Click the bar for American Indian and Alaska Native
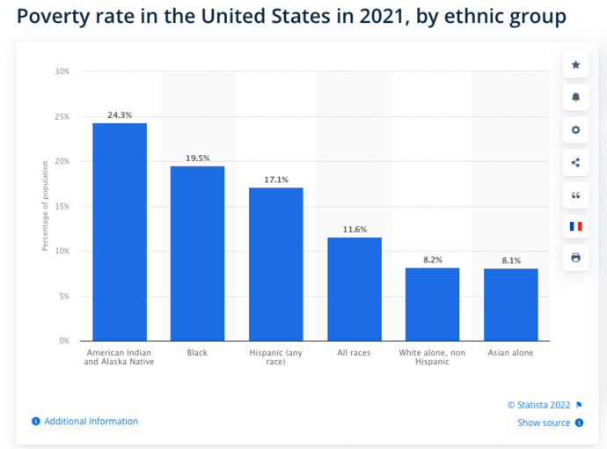(120, 232)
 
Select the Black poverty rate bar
(197, 254)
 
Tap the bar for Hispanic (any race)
(275, 264)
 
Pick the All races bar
(354, 289)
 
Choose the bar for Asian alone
(510, 305)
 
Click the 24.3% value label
(120, 115)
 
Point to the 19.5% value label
(198, 158)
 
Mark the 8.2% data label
(432, 260)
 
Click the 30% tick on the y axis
(62, 71)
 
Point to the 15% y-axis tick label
(62, 206)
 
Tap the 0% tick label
(64, 341)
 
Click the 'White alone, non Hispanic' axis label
(432, 357)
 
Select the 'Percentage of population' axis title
(46, 206)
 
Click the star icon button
(576, 65)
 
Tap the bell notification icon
(576, 97)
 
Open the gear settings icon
(576, 129)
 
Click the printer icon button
(576, 258)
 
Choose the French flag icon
(576, 226)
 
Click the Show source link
(544, 423)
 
